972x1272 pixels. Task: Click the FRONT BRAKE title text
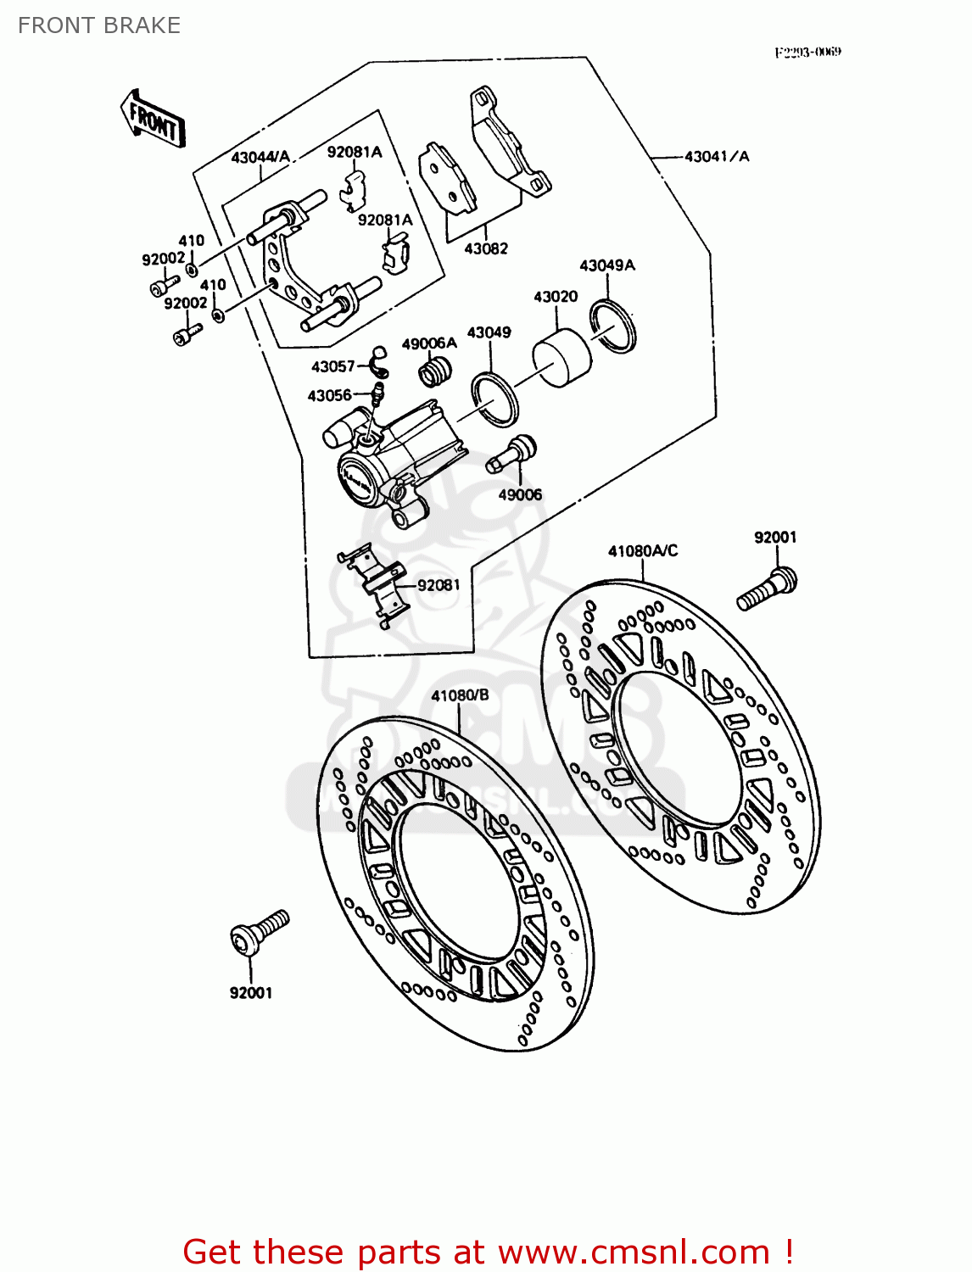click(x=99, y=25)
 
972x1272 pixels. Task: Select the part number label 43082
click(x=486, y=248)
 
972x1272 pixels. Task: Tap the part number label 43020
click(x=556, y=297)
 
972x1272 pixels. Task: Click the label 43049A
click(x=607, y=265)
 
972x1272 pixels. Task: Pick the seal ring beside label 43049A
click(x=613, y=325)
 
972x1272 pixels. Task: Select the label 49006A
click(x=429, y=343)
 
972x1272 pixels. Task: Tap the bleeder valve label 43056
click(x=329, y=396)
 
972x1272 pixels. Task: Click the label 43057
click(x=332, y=366)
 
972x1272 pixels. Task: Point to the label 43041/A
click(x=717, y=156)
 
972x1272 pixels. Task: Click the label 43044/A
click(x=260, y=158)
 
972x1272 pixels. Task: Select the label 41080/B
click(x=460, y=695)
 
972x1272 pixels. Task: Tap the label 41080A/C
click(x=643, y=551)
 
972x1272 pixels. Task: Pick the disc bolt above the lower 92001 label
click(x=258, y=933)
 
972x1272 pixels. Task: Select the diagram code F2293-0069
click(x=807, y=52)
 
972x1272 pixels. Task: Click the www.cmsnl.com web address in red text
click(x=634, y=1252)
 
